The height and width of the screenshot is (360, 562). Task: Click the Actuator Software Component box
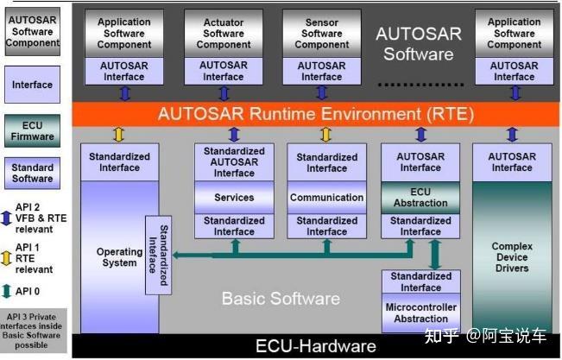(224, 34)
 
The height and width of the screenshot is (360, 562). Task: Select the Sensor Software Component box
(322, 34)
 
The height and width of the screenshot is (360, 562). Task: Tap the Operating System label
(118, 257)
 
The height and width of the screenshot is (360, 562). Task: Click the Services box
(234, 197)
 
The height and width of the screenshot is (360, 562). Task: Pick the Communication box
(326, 197)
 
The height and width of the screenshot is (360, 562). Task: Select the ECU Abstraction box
(420, 197)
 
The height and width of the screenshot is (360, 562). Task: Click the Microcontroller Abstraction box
(420, 313)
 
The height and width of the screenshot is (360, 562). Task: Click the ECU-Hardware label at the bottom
(316, 346)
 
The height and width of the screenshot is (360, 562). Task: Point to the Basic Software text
(281, 299)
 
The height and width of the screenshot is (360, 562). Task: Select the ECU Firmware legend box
(32, 130)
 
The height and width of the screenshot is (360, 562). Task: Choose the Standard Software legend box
(32, 173)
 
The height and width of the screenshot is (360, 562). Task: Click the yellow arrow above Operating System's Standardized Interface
(120, 134)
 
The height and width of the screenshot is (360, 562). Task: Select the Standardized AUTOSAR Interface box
(234, 162)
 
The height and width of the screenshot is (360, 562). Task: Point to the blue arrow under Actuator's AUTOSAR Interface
(224, 93)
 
